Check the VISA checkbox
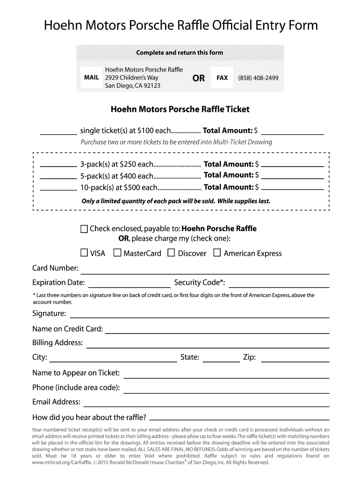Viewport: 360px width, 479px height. point(84,253)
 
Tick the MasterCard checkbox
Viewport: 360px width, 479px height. point(117,253)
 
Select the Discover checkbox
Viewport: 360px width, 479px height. point(171,253)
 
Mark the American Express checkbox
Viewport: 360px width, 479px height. point(217,253)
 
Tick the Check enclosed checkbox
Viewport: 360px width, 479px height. point(84,229)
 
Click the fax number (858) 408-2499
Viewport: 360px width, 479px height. point(258,78)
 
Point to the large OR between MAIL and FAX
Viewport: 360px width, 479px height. point(198,78)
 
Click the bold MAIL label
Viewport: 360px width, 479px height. point(91,78)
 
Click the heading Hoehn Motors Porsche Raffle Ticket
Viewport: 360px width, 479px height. point(180,109)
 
